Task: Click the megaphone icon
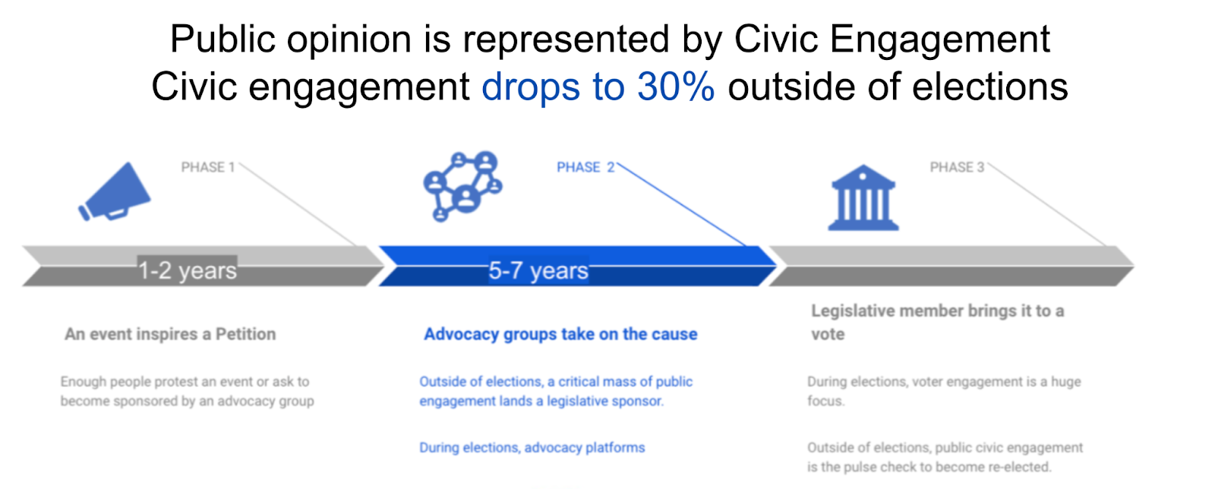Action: tap(115, 192)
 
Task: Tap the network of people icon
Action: tap(462, 186)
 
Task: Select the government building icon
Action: tap(863, 198)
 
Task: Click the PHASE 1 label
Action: tap(208, 167)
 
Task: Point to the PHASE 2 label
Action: tap(585, 167)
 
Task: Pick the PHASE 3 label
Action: tap(958, 167)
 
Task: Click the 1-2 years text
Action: tap(187, 270)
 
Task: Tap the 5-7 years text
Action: tap(538, 270)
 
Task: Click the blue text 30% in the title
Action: tap(676, 87)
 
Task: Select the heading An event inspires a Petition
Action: tap(170, 334)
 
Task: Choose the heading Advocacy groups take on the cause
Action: tap(561, 334)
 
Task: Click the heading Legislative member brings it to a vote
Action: tap(937, 322)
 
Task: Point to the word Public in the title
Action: tap(222, 39)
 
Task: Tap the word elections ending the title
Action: tap(989, 87)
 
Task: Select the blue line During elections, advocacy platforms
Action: tap(532, 448)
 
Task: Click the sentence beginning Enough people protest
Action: tap(187, 391)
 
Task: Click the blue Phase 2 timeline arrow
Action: tap(577, 266)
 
